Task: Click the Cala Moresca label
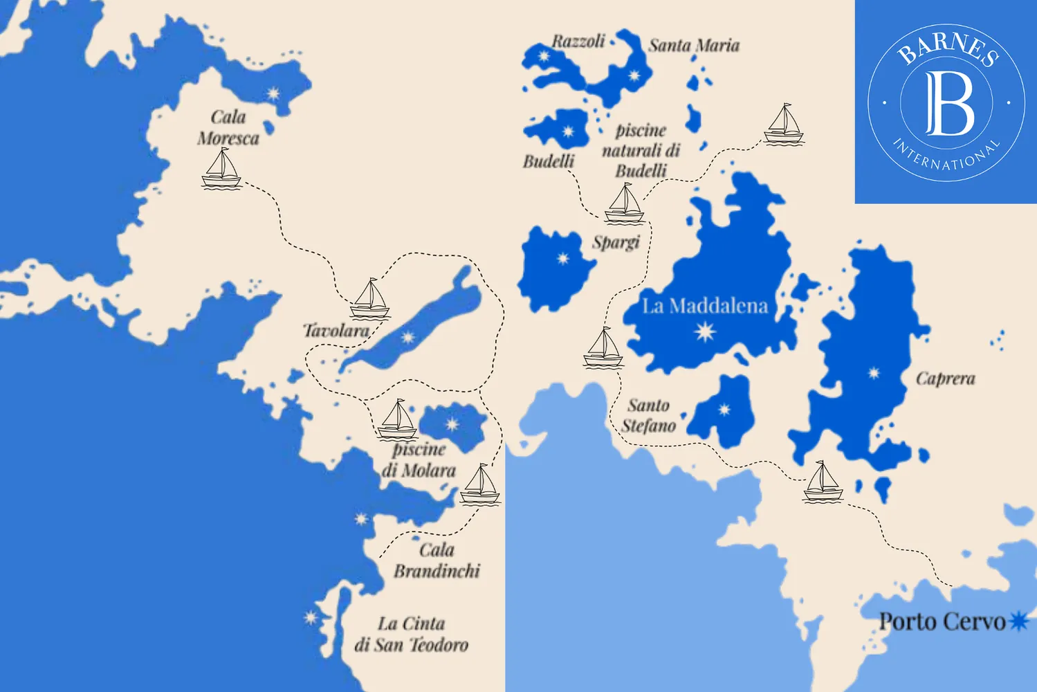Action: pyautogui.click(x=228, y=127)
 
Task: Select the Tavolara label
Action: pyautogui.click(x=336, y=330)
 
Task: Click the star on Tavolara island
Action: pyautogui.click(x=408, y=338)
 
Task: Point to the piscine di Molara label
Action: pyautogui.click(x=419, y=459)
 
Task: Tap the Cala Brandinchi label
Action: pyautogui.click(x=437, y=561)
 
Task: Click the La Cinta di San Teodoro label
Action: pyautogui.click(x=411, y=634)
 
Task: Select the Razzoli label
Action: pyautogui.click(x=578, y=42)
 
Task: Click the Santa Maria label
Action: pyautogui.click(x=694, y=46)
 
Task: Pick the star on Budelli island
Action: pyautogui.click(x=568, y=131)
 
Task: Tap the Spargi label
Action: pyautogui.click(x=616, y=242)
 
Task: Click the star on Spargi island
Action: pyautogui.click(x=563, y=259)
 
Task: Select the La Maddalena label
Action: pyautogui.click(x=705, y=306)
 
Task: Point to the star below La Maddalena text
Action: pyautogui.click(x=705, y=332)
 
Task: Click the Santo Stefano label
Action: pyautogui.click(x=648, y=415)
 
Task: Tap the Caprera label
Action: pyautogui.click(x=945, y=379)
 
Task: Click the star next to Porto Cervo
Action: pyautogui.click(x=1018, y=621)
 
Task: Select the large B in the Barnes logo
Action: pyautogui.click(x=948, y=102)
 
